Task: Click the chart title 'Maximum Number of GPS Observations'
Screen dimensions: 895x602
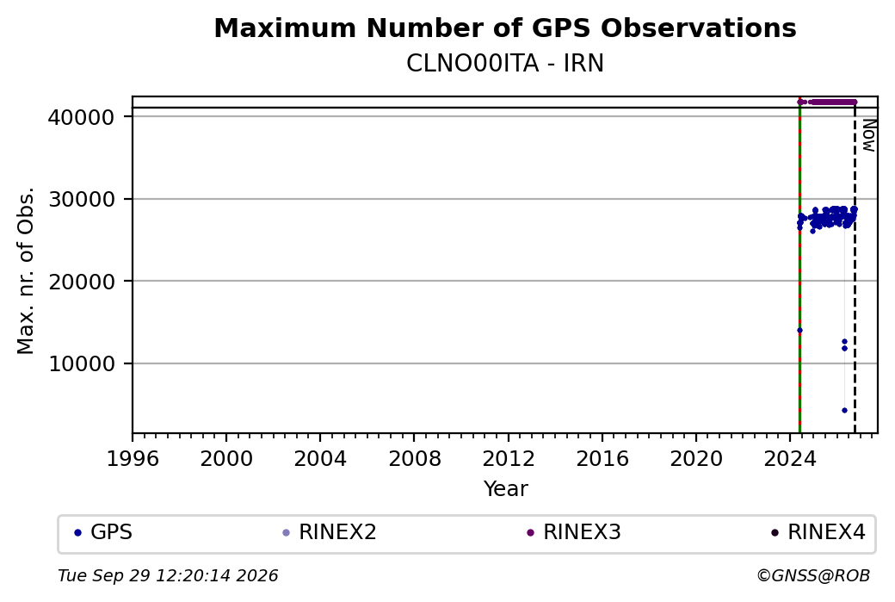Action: (505, 28)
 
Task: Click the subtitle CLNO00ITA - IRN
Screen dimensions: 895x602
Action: (505, 64)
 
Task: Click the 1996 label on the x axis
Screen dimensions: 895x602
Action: (133, 459)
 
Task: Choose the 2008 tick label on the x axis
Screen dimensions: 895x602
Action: (415, 459)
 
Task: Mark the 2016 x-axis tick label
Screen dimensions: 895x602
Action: (602, 459)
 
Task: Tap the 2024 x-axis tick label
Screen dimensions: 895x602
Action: (790, 459)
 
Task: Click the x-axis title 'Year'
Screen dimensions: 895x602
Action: (506, 489)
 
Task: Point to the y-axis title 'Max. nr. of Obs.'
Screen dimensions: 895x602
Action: (26, 270)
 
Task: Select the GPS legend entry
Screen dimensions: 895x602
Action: (103, 532)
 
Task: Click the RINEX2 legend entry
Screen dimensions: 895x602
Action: (330, 532)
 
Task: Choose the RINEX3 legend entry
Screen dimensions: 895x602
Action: (574, 532)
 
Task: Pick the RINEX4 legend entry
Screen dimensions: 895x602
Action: (818, 532)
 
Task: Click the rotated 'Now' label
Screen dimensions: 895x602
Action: (868, 135)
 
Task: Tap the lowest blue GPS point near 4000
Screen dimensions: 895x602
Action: (845, 411)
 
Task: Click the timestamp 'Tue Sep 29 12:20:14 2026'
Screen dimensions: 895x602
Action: (168, 575)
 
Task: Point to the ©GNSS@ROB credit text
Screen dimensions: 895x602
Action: (813, 575)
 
